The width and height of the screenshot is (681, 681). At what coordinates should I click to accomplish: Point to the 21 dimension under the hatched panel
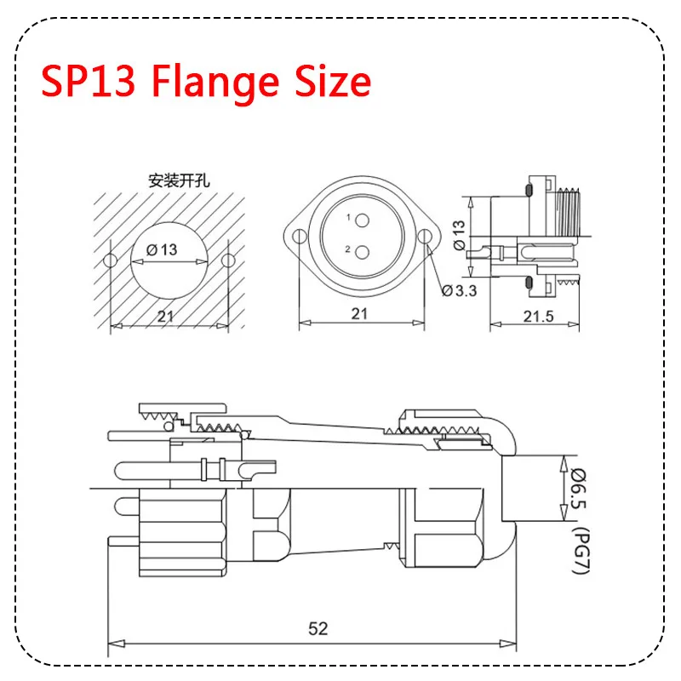tap(169, 315)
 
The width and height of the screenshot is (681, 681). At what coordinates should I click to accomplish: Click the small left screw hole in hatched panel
tap(108, 260)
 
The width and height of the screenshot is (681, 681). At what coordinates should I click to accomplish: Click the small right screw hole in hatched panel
tap(229, 260)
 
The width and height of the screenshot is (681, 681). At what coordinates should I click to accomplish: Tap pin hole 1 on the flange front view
tap(362, 220)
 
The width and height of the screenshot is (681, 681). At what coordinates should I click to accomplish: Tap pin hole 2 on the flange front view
tap(362, 252)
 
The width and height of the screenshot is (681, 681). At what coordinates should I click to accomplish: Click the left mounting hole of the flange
tap(298, 237)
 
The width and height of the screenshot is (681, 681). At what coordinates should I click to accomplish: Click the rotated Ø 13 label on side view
tap(459, 234)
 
